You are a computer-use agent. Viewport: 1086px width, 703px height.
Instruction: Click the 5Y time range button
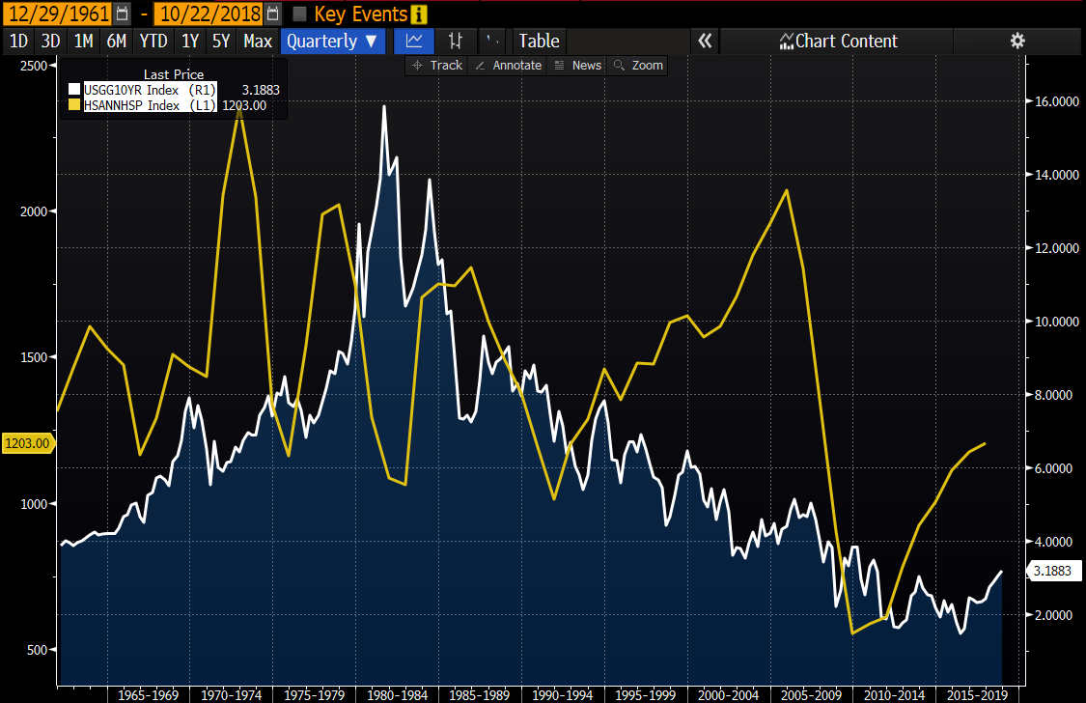(x=220, y=41)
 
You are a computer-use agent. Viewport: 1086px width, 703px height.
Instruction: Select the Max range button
(x=258, y=41)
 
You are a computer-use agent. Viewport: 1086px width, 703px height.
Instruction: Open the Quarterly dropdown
(x=332, y=41)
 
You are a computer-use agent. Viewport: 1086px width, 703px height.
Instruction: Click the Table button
(x=539, y=41)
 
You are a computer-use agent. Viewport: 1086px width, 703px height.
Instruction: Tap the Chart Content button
(x=838, y=41)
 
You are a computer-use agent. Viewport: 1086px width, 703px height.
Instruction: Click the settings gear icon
(x=1016, y=41)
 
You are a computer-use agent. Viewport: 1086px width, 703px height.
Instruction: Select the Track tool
(x=437, y=66)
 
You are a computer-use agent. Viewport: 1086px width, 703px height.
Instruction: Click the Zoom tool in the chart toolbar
(x=639, y=66)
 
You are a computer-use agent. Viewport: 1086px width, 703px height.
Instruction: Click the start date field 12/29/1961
(x=57, y=14)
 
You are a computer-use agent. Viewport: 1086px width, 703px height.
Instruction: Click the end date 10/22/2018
(x=206, y=14)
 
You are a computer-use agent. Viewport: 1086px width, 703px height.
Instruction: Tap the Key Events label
(x=361, y=14)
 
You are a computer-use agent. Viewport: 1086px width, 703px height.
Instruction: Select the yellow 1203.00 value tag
(x=27, y=443)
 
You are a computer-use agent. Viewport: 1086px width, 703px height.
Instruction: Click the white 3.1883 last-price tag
(x=1051, y=572)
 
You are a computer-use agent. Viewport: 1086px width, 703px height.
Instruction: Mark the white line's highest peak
(x=384, y=106)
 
